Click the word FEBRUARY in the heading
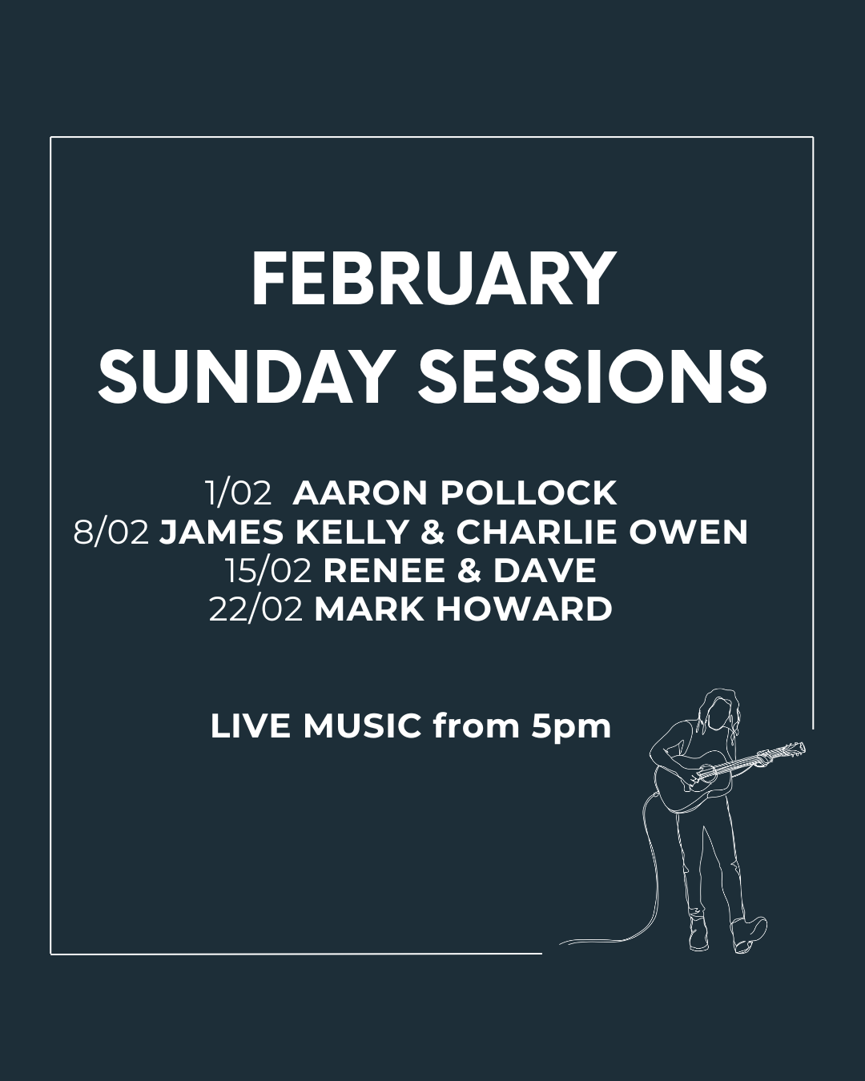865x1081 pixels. coord(432,280)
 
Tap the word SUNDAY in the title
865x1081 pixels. coord(245,376)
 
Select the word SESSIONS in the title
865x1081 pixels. coord(593,376)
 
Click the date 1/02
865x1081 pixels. coord(239,493)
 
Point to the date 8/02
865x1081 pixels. coord(111,532)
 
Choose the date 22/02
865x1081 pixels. coord(256,609)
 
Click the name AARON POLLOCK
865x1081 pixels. coord(455,493)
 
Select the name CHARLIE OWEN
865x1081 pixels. coord(602,532)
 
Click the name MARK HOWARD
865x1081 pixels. coord(464,609)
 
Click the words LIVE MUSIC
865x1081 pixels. coord(316,726)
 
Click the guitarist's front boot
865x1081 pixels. coord(748,935)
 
